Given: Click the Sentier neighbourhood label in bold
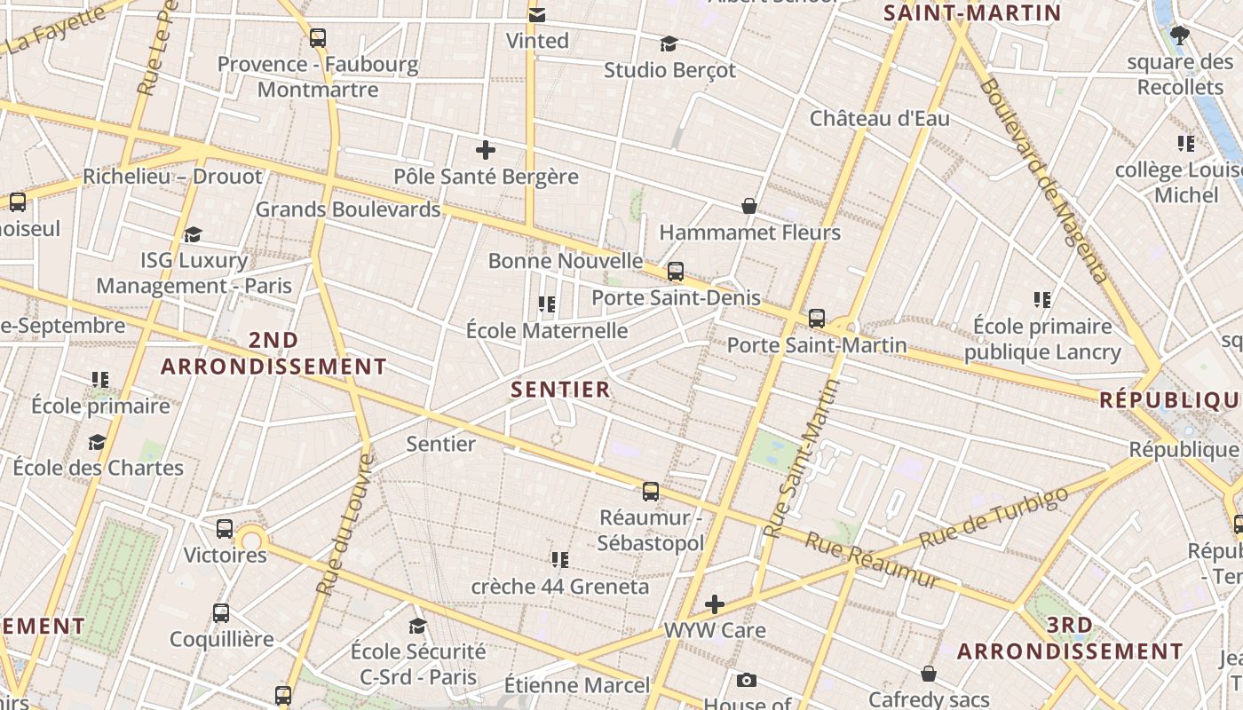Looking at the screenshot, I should [560, 390].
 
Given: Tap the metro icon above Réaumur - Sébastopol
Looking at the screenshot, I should [651, 492].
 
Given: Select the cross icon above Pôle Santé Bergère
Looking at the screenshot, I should [486, 149].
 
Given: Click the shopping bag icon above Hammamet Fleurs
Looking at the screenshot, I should [749, 206].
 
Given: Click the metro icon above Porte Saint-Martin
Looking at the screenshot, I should [817, 318].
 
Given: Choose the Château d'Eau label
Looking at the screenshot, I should [879, 119].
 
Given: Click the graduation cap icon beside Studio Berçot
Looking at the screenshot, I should [669, 43].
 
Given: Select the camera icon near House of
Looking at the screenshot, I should [747, 681].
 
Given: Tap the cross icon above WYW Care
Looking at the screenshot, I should [715, 605].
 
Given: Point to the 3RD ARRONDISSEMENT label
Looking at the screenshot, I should [1070, 638].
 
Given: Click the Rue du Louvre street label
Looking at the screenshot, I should [343, 525].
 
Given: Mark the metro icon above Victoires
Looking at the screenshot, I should [225, 529].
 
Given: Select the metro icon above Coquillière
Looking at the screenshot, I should [221, 613].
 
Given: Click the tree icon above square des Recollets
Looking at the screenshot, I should [1180, 35].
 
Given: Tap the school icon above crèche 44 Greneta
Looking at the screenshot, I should [559, 560].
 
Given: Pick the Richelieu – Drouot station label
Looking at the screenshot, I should [173, 177].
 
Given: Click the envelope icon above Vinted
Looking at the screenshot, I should [537, 14].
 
